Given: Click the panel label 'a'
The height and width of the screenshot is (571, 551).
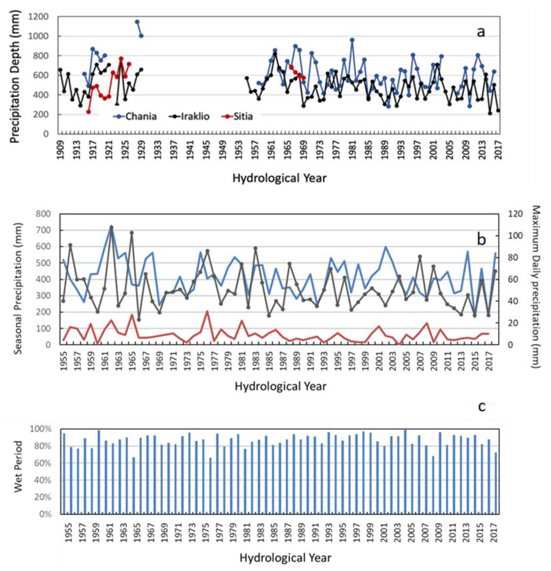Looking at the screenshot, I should pos(481,32).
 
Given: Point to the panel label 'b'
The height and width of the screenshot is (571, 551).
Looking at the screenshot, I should pos(481,239).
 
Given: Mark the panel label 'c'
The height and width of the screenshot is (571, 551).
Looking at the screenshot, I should pos(482,406).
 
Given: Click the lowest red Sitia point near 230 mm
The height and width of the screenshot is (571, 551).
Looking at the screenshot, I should pos(88,112).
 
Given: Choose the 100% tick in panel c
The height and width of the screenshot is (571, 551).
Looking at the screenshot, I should pos(41,429).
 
